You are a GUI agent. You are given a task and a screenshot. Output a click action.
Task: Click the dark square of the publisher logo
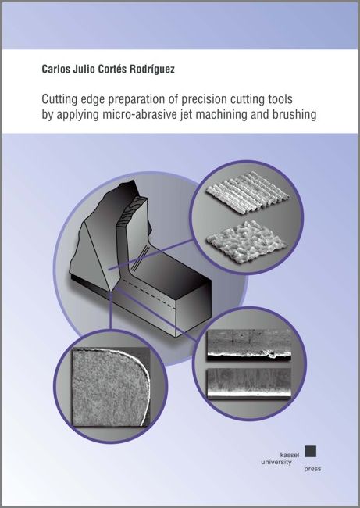coord(311,451)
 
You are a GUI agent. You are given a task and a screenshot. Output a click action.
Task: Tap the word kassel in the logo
coord(290,455)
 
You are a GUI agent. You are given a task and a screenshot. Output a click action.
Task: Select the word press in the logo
coord(312,469)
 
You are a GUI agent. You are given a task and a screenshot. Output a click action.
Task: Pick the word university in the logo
coord(276,462)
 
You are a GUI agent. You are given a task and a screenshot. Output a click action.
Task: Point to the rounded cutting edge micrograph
coord(111,387)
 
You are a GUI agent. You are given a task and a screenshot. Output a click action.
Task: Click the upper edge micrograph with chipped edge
coord(249,345)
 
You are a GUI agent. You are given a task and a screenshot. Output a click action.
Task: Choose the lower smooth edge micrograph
coord(249,384)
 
